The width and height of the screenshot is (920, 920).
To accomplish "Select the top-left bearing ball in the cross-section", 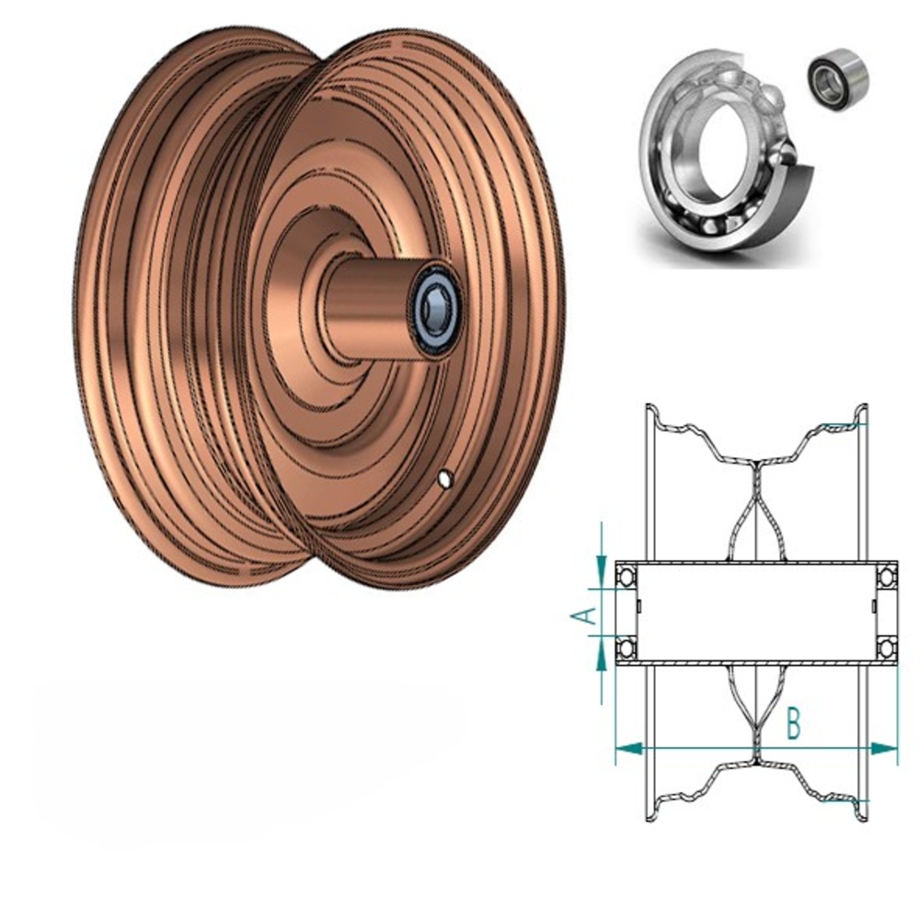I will coord(626,577).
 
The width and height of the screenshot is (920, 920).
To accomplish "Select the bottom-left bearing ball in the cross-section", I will coord(626,648).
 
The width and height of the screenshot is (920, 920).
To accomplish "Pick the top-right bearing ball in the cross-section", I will coord(887,577).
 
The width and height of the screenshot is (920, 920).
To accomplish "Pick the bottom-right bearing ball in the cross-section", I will coord(887,648).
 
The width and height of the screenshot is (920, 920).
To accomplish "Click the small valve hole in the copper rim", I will coord(445,478).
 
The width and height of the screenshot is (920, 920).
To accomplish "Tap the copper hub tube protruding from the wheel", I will coord(368,304).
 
